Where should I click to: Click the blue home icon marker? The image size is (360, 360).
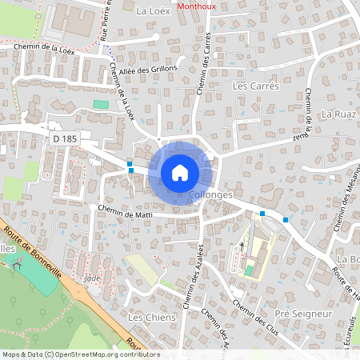pyautogui.click(x=180, y=172)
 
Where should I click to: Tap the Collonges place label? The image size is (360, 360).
pyautogui.click(x=211, y=195)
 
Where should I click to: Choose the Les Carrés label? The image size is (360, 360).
pyautogui.click(x=255, y=86)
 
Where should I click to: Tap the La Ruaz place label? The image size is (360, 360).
pyautogui.click(x=338, y=114)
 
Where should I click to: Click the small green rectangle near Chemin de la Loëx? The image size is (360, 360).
pyautogui.click(x=100, y=105)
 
